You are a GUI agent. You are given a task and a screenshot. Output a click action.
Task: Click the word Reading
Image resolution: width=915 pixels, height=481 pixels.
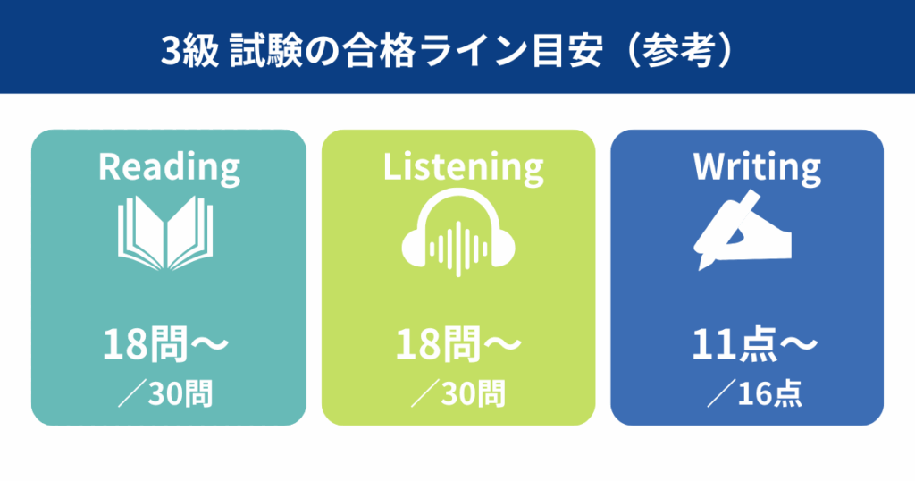[x=169, y=168]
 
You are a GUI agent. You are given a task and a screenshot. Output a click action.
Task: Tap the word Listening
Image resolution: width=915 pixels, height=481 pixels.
[x=464, y=168]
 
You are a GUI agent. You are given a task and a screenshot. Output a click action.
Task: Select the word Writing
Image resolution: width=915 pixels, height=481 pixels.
[x=757, y=168]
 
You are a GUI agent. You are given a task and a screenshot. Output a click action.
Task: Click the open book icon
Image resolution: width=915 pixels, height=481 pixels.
[x=165, y=233]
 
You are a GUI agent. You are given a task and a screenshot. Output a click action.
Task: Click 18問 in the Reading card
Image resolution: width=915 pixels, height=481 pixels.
[x=145, y=344]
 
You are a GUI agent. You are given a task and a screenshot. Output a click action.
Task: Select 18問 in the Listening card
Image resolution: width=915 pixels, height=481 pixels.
[x=438, y=344]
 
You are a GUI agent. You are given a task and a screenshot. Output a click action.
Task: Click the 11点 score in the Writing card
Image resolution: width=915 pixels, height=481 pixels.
[x=734, y=344]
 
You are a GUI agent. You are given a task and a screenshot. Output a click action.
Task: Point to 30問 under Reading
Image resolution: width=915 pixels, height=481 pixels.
[x=180, y=393]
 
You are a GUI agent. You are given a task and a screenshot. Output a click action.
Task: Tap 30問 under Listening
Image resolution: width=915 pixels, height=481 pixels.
[x=474, y=393]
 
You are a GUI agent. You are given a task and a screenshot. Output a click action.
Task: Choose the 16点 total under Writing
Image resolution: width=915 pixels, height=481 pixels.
[x=769, y=393]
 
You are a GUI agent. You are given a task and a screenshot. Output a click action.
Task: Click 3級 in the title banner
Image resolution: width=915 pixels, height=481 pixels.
[x=189, y=51]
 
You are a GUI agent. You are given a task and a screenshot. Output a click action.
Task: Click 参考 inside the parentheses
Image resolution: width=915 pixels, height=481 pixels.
[x=678, y=51]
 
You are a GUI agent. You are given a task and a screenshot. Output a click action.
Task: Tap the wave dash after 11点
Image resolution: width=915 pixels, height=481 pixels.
[x=798, y=344]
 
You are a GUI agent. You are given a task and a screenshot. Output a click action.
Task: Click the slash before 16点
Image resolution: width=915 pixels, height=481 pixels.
[x=721, y=393]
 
